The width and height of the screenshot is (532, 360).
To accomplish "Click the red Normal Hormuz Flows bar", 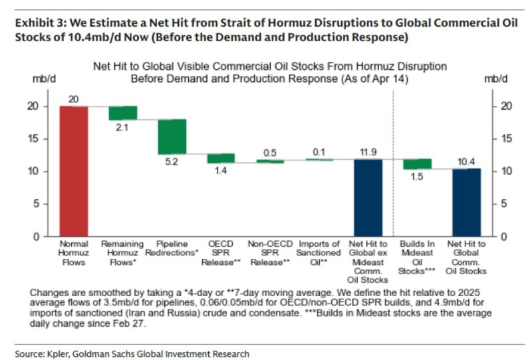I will [73, 171].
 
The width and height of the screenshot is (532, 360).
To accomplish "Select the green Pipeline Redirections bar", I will [172, 137].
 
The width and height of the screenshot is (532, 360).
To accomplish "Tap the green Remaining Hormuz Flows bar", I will [122, 113].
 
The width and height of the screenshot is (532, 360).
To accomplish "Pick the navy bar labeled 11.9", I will [368, 198].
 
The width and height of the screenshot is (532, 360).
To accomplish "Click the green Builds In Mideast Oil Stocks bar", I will [417, 164].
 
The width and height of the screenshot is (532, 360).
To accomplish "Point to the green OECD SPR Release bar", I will [221, 158].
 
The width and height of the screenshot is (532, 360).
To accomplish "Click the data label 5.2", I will [172, 161].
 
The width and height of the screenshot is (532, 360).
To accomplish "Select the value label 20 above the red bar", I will [73, 99].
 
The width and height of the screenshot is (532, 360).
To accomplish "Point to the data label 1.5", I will [417, 176].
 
